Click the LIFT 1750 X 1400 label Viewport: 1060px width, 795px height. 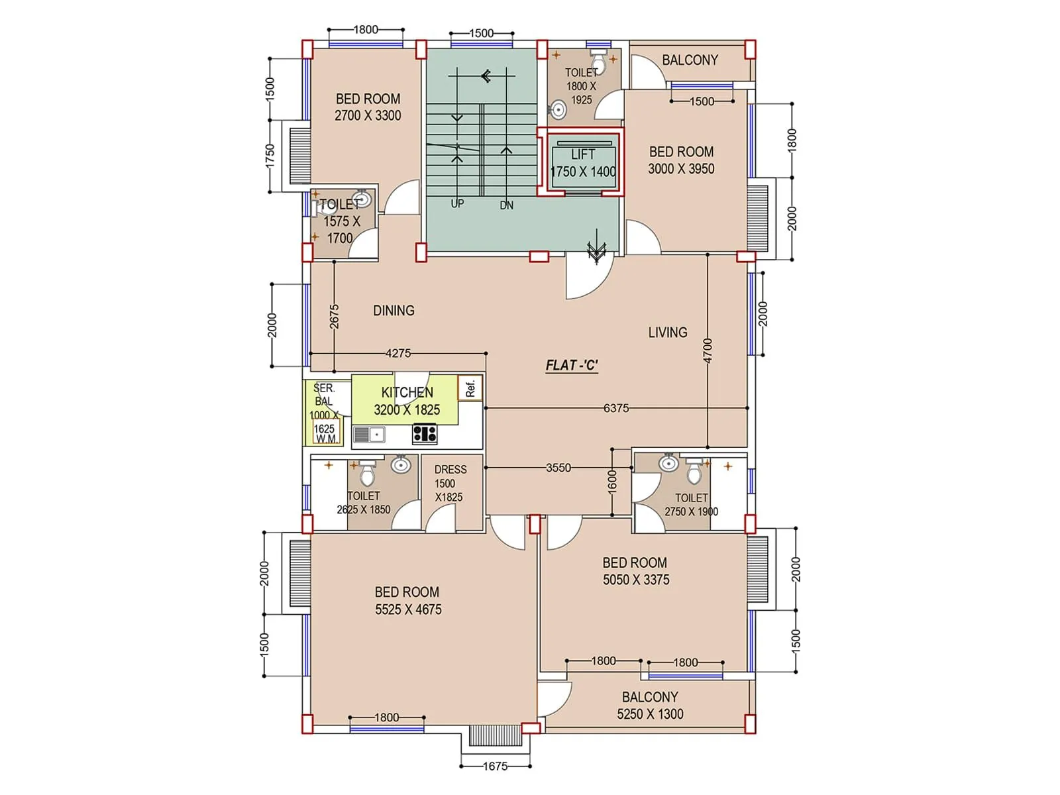583,163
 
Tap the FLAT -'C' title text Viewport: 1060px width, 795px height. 572,365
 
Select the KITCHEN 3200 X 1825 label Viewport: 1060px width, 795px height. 407,401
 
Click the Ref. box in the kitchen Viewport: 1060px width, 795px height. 470,388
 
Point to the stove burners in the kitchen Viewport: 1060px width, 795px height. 425,434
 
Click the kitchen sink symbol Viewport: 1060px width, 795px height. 370,435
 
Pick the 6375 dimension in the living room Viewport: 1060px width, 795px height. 615,408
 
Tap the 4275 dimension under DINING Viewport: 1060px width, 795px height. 397,353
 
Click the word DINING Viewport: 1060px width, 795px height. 394,310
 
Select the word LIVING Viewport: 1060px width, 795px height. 667,332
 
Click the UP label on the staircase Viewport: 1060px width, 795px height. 457,204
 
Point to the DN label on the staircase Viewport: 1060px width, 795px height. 506,205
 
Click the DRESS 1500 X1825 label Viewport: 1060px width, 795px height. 450,483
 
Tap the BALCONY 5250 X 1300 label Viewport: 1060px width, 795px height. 650,706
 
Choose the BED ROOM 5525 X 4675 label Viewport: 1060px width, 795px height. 407,601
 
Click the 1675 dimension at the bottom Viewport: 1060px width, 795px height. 495,766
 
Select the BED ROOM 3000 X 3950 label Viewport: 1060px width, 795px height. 681,160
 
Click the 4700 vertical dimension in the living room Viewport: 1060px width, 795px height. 708,350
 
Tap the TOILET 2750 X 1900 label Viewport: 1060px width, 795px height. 691,505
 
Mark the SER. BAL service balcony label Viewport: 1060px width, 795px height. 324,395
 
